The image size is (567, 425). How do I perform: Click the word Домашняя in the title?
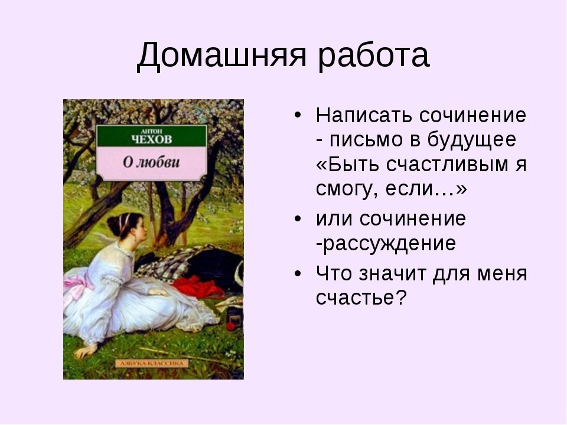point(221,55)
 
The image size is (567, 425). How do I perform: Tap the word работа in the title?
point(374,56)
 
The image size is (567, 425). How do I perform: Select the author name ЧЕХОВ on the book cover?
point(152,139)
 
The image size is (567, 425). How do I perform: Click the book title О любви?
point(151,162)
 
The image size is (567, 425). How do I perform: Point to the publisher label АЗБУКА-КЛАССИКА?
point(152,363)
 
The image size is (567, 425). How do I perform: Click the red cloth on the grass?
point(197,286)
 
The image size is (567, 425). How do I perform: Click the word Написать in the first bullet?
point(364,116)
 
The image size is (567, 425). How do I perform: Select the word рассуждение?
point(389,244)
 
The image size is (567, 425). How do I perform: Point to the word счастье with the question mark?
point(361,297)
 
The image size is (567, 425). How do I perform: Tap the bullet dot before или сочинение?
point(298,219)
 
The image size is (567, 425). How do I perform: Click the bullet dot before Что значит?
point(298,273)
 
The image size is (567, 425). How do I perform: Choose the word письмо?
point(366,140)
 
